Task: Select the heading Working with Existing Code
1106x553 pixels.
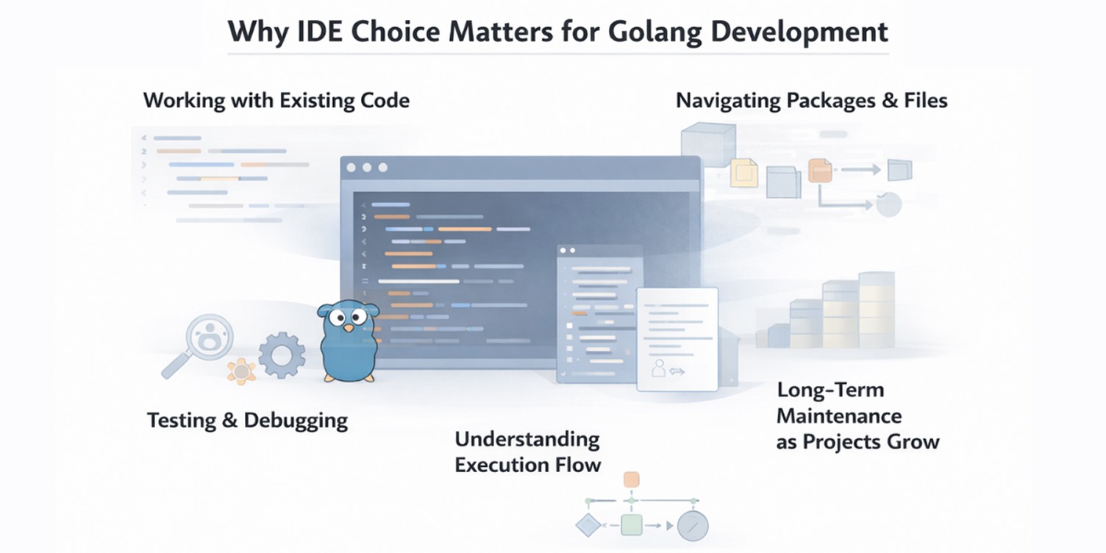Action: [276, 100]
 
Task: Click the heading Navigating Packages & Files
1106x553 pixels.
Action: [811, 100]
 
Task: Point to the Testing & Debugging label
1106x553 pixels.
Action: [247, 420]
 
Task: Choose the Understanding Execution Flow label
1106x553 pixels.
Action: [527, 452]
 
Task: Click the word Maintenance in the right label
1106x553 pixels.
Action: [839, 416]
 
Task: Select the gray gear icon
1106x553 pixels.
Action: [281, 355]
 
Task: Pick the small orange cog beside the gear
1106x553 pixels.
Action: [241, 371]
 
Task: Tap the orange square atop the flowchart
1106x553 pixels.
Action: [631, 479]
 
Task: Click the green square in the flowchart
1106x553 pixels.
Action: [631, 525]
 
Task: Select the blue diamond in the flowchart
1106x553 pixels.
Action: [588, 525]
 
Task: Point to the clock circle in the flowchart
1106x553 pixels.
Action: [692, 526]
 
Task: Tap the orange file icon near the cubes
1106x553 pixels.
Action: [819, 171]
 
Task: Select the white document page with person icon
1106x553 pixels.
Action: [677, 338]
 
